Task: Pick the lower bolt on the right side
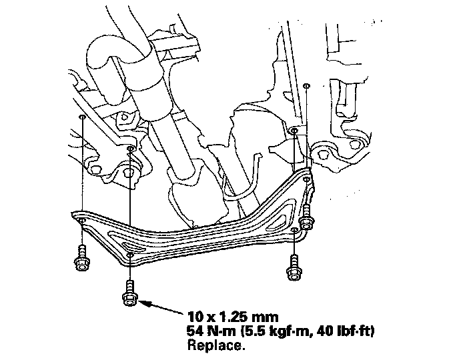(293, 265)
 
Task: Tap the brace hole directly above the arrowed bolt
(130, 254)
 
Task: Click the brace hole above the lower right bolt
(294, 231)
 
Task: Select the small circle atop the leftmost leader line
(81, 116)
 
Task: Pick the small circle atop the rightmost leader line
(306, 86)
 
